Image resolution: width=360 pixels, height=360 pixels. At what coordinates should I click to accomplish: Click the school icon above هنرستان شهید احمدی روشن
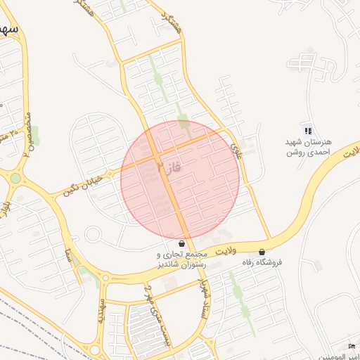(307, 130)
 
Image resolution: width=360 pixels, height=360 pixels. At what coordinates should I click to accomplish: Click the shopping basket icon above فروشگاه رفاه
(262, 252)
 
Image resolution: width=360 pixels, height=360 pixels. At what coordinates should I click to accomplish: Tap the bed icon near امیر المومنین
(352, 345)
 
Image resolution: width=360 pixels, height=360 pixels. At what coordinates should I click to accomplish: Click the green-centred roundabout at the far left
(15, 179)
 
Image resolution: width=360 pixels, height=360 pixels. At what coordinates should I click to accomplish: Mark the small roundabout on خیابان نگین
(110, 173)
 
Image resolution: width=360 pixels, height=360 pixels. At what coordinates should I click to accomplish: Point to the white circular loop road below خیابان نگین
(94, 234)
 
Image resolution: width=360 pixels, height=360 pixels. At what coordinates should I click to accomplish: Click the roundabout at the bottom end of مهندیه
(94, 349)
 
